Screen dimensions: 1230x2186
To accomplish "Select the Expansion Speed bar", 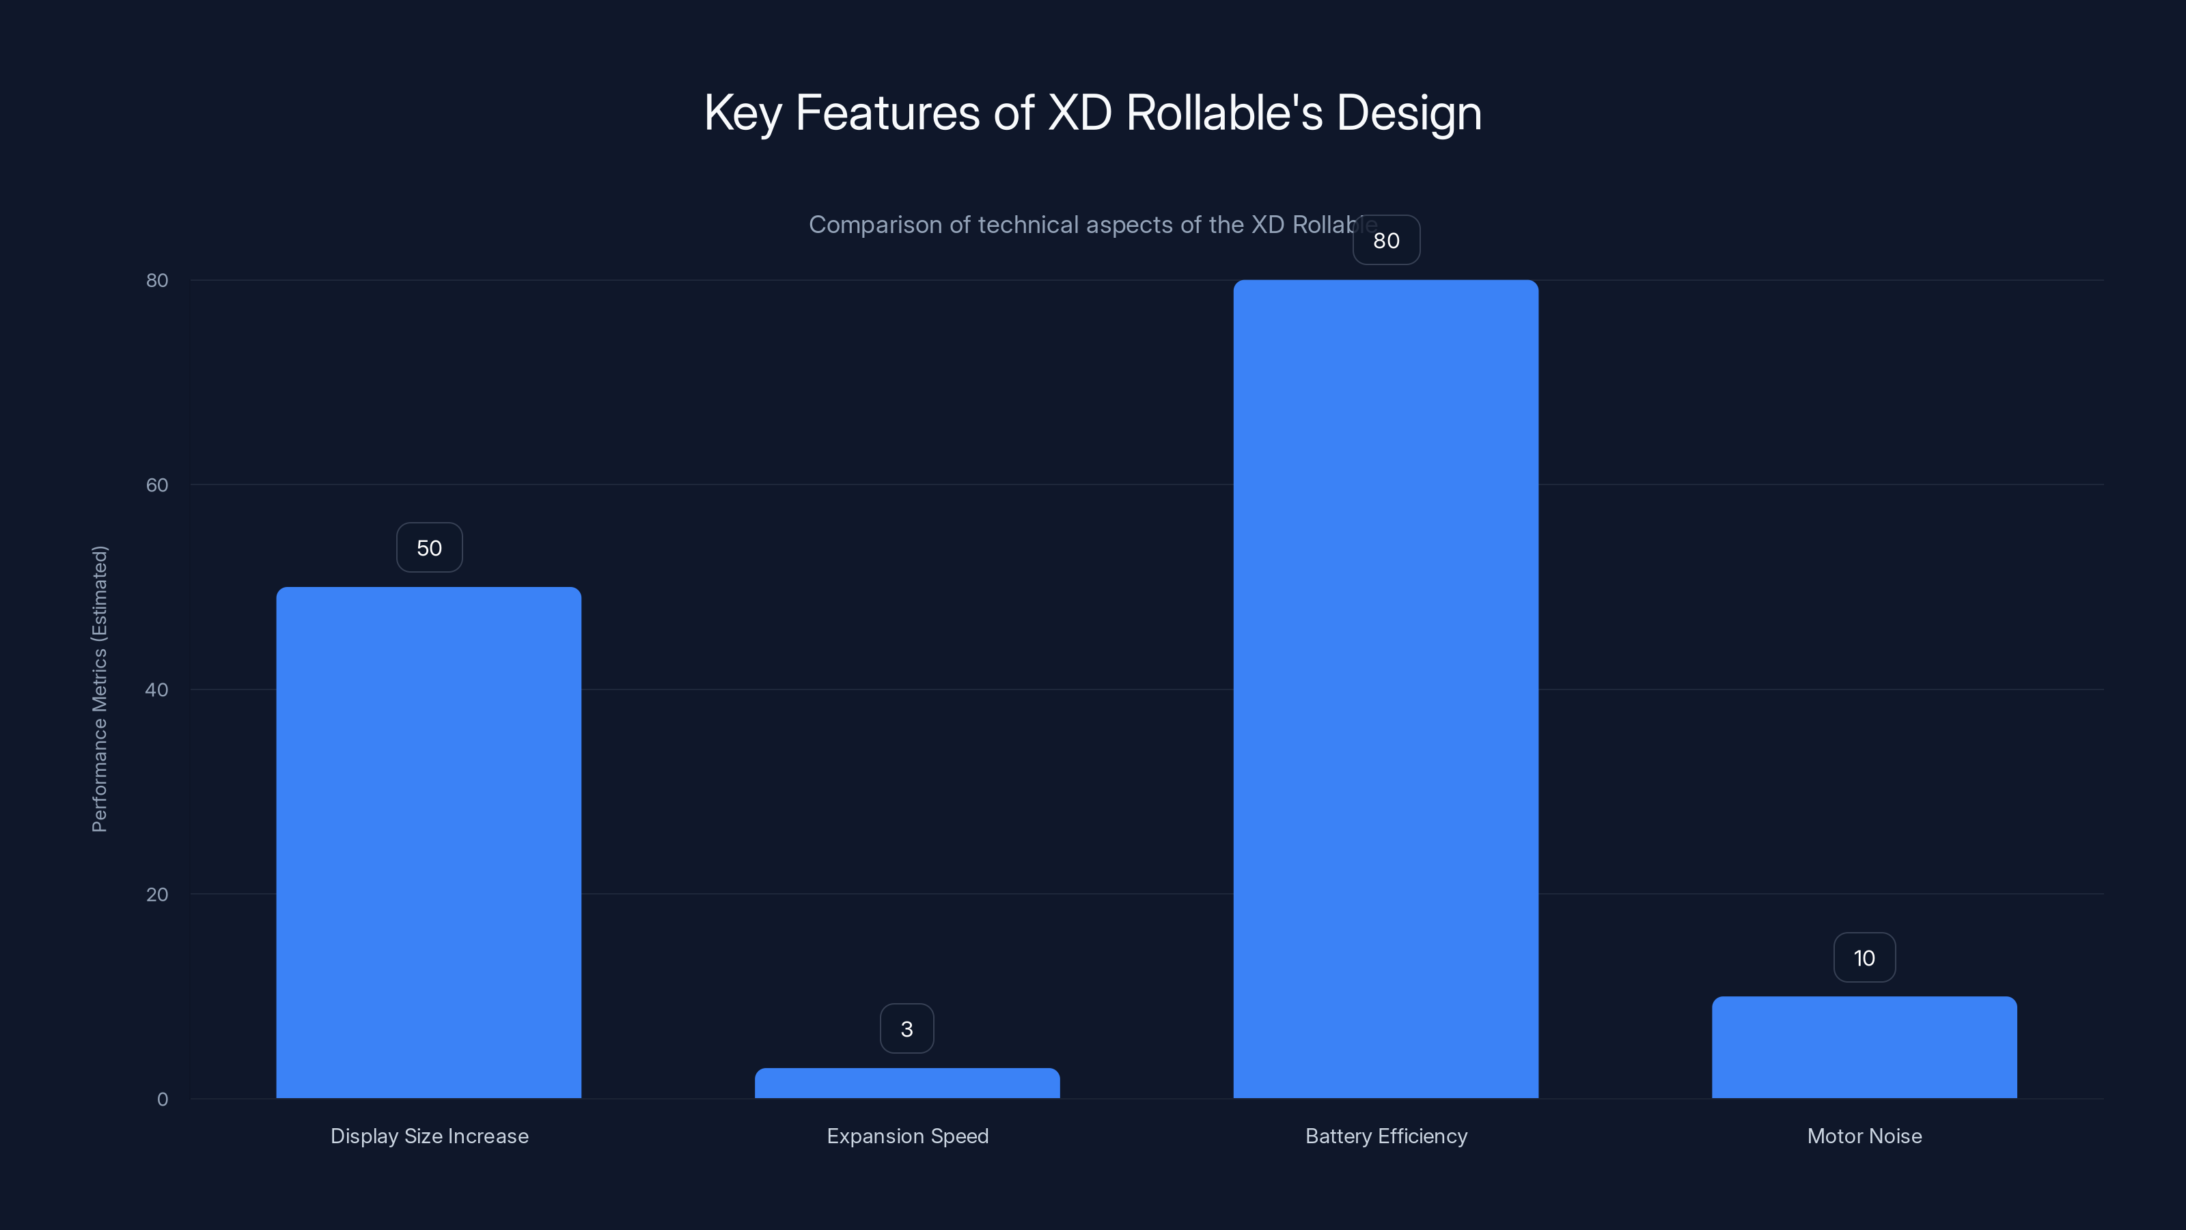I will click(907, 1083).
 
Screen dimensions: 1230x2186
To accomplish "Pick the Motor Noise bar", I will click(1864, 1047).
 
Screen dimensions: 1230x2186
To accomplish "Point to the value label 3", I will click(907, 1029).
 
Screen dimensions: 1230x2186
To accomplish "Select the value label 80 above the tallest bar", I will click(1387, 241).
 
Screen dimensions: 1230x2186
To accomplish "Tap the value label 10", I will click(1864, 957).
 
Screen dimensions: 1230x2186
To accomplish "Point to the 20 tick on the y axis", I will click(157, 894).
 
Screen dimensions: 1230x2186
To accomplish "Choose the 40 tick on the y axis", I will click(157, 689).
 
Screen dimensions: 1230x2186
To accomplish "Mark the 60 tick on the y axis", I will click(157, 484).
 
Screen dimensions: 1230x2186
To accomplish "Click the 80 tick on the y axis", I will click(157, 280).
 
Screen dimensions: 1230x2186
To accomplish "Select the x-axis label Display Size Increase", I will click(430, 1136).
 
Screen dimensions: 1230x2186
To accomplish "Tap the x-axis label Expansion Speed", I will click(908, 1136).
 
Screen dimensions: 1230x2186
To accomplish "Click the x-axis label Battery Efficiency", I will click(1387, 1136).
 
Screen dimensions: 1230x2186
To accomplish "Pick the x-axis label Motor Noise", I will click(1864, 1136).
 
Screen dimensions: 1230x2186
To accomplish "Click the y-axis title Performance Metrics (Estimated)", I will click(99, 688).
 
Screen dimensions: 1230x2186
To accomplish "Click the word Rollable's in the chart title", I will click(1223, 113).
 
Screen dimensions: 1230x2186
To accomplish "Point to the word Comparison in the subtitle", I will click(875, 225).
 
